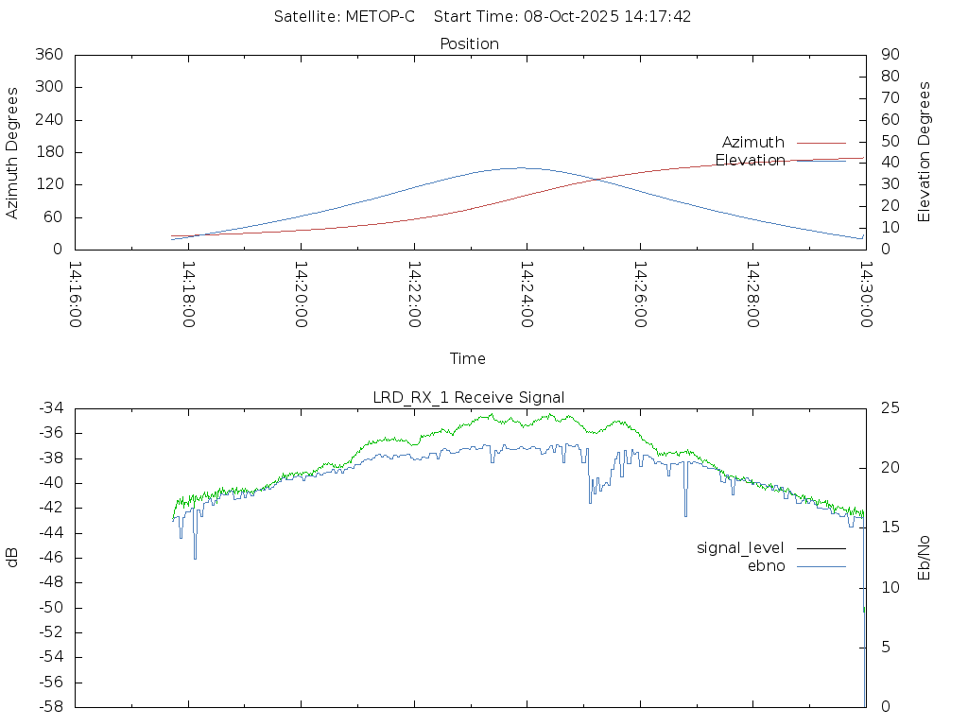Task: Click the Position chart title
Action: tap(470, 43)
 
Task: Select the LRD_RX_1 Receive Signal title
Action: tap(469, 396)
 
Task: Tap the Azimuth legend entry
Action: tap(753, 142)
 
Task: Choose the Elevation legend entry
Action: tap(750, 160)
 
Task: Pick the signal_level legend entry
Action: tap(740, 547)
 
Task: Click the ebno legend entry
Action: tap(766, 565)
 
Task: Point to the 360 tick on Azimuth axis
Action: tap(48, 55)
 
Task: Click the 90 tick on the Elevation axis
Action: tap(889, 55)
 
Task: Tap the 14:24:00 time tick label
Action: tap(527, 294)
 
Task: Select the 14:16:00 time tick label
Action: tap(76, 294)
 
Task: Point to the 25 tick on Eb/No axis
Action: tap(890, 408)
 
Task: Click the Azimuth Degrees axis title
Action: tap(13, 153)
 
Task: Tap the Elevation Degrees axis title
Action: tap(925, 151)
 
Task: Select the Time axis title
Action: tap(468, 358)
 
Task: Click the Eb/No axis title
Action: tap(925, 558)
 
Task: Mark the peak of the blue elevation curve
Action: tap(519, 168)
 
